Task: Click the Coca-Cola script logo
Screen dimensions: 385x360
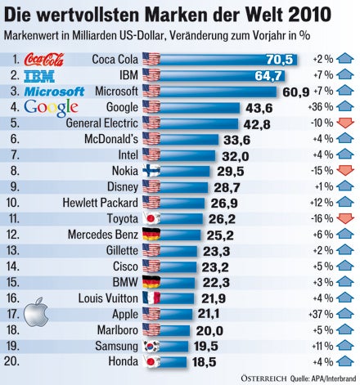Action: coord(47,59)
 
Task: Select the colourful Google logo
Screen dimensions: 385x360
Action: coord(51,108)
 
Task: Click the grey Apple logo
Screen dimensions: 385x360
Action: coord(34,312)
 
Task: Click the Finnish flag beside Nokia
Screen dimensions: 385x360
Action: coord(151,170)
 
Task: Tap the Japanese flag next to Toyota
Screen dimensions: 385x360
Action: coord(151,218)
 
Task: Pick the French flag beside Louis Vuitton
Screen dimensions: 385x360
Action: coord(151,298)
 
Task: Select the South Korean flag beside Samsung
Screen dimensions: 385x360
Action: coord(151,346)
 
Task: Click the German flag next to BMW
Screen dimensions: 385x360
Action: coord(151,282)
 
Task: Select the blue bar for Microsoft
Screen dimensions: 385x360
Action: coord(221,91)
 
